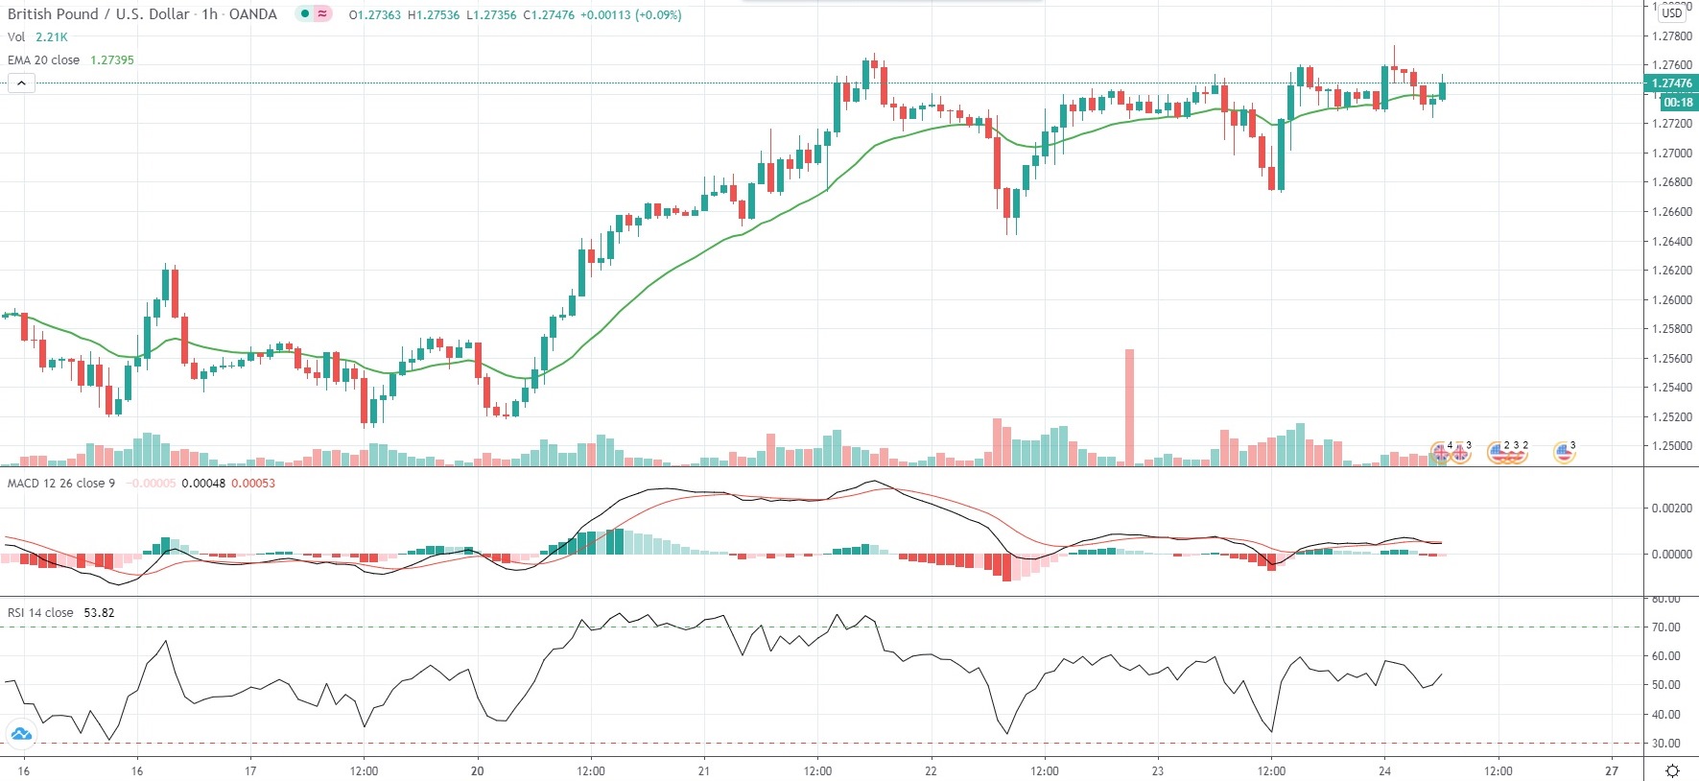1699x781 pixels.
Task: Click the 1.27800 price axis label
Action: click(x=1671, y=36)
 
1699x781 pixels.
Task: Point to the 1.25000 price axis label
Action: click(x=1671, y=446)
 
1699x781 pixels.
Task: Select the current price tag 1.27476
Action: click(x=1671, y=83)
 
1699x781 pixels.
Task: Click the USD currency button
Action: click(x=1672, y=12)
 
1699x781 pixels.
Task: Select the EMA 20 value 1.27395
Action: click(x=112, y=59)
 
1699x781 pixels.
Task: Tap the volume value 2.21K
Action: click(x=52, y=36)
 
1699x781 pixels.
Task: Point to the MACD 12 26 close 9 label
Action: click(x=61, y=483)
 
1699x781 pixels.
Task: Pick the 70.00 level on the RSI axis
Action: click(x=1665, y=627)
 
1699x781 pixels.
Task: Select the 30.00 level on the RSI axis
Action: click(x=1665, y=744)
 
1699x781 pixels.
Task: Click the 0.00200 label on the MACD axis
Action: click(x=1670, y=509)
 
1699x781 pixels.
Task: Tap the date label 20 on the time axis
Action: click(x=478, y=770)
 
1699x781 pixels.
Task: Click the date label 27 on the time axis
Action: click(x=1612, y=770)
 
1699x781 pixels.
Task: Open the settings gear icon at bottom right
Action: click(x=1672, y=770)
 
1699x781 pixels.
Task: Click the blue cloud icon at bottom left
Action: click(x=20, y=735)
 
